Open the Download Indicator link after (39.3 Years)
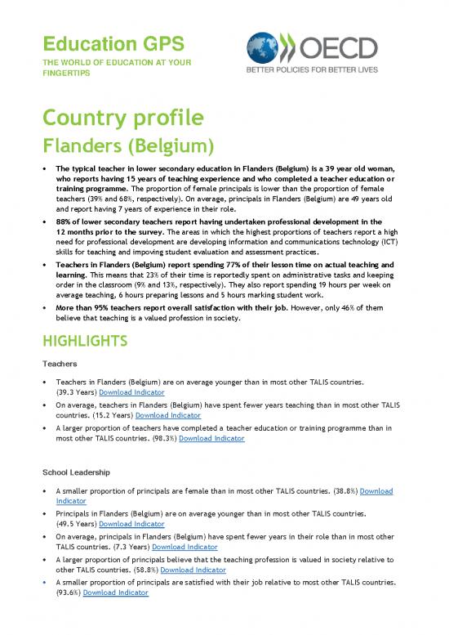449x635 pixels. tap(131, 392)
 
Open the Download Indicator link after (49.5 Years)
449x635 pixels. tap(131, 523)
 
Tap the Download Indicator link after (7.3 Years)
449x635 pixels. tap(184, 546)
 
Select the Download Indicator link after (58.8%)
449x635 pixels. tap(193, 569)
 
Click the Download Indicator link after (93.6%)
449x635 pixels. tap(115, 592)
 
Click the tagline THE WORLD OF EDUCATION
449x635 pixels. tap(97, 62)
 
